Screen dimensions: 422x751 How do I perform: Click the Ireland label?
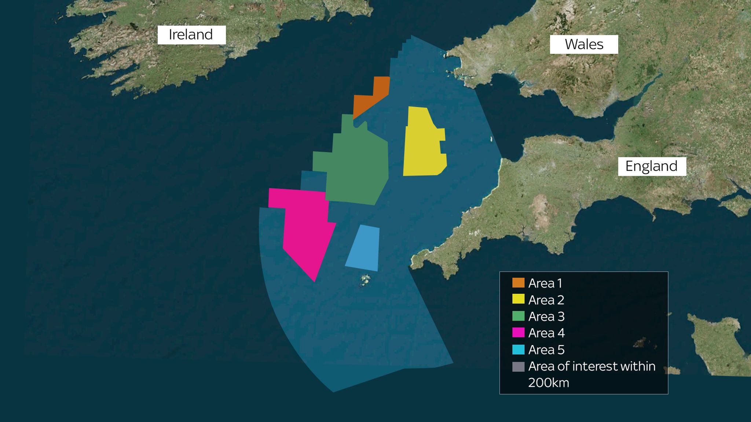[x=191, y=35]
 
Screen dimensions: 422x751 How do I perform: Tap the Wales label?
[x=584, y=44]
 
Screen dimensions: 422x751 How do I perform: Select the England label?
[x=652, y=166]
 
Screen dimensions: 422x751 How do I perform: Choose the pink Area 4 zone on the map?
[x=306, y=231]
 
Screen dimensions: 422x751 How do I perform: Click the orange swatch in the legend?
[x=518, y=283]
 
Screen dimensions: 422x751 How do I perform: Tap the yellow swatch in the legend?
[x=518, y=299]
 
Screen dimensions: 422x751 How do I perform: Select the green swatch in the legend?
[x=518, y=316]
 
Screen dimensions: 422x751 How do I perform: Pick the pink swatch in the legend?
[x=518, y=333]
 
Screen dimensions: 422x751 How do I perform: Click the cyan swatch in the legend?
[x=518, y=349]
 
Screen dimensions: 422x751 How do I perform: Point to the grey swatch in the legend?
[x=518, y=366]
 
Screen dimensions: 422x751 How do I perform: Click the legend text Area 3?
[x=546, y=316]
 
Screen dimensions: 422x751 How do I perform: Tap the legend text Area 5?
[x=546, y=350]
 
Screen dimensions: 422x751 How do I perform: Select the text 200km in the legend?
[x=549, y=383]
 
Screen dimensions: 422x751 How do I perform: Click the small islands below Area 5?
[x=365, y=281]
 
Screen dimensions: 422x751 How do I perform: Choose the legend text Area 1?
[x=545, y=283]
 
